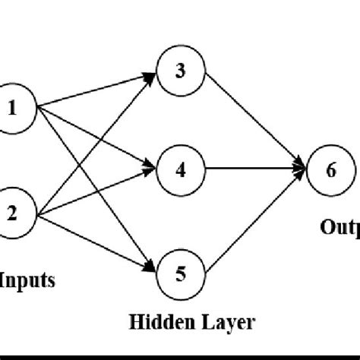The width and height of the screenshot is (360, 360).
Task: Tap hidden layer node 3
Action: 180,72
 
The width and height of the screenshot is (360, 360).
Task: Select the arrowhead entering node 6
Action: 303,169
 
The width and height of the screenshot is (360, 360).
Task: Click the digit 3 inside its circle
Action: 180,72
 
